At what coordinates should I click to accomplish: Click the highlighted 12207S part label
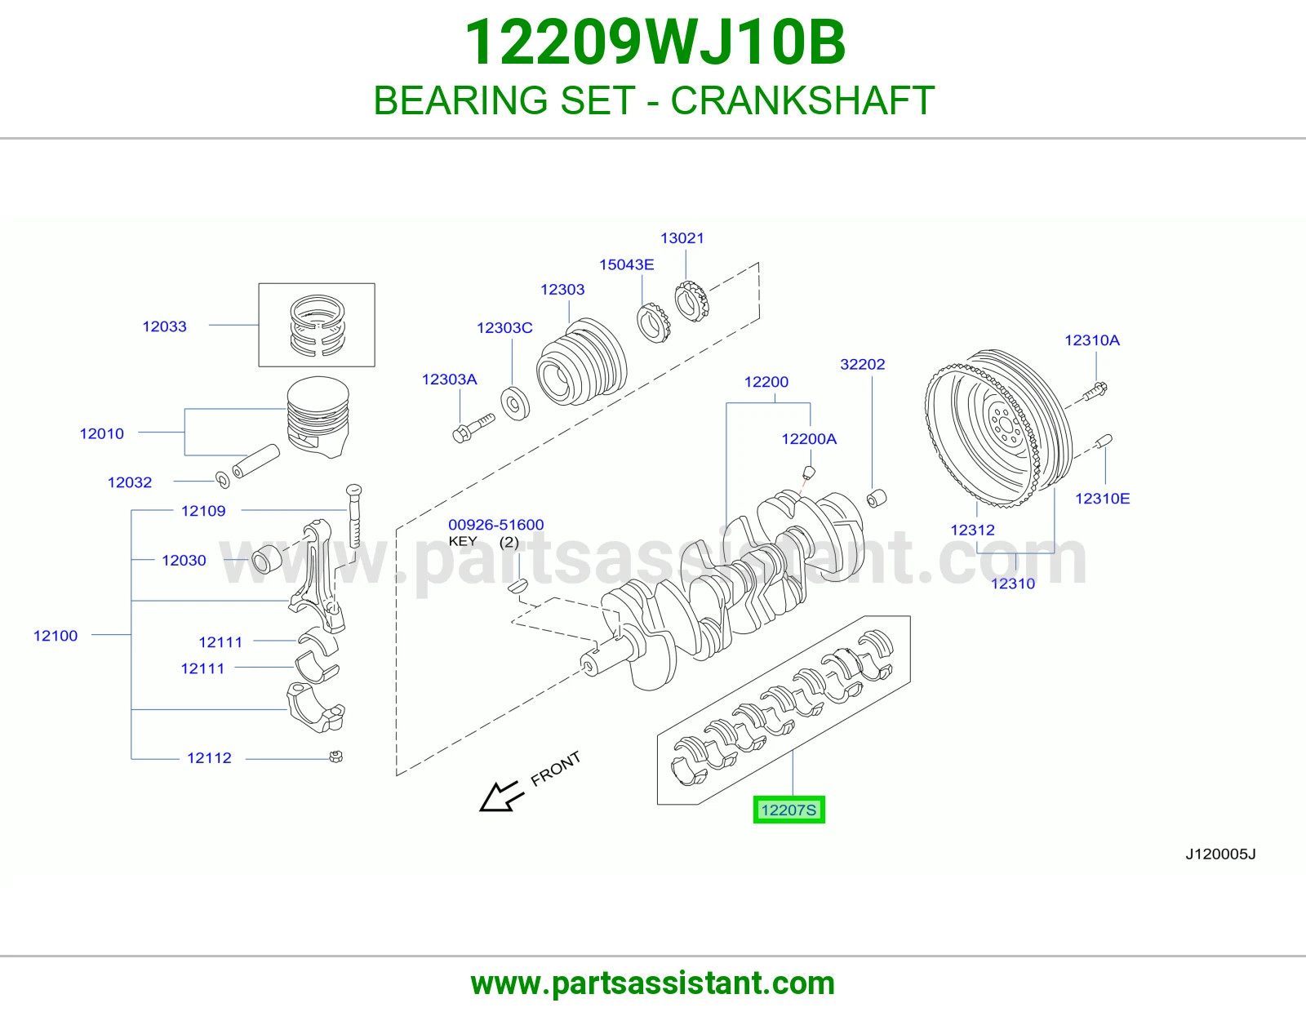coord(788,810)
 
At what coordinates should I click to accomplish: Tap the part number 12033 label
coord(164,326)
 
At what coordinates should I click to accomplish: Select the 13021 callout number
coord(682,238)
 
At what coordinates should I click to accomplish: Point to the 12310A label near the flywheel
coord(1092,340)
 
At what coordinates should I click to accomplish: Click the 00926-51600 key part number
coord(495,525)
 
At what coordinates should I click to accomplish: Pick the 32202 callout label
coord(863,364)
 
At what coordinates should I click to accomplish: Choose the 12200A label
coord(808,439)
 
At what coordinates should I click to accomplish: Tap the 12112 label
coord(209,758)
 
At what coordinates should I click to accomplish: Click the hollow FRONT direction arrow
coord(500,797)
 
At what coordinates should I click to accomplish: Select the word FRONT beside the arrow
coord(555,769)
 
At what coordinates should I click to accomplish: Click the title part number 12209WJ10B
coord(655,42)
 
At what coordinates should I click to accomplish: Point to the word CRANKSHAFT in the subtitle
coord(802,100)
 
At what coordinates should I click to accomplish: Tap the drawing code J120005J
coord(1220,854)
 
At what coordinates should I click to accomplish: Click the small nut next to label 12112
coord(336,757)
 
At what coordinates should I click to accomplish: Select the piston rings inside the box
coord(318,325)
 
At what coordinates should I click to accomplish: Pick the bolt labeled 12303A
coord(473,428)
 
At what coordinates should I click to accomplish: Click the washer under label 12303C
coord(515,405)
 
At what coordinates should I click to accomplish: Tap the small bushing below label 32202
coord(877,498)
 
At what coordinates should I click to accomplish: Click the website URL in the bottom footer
coord(653,983)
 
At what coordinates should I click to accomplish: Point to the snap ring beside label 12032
coord(222,480)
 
